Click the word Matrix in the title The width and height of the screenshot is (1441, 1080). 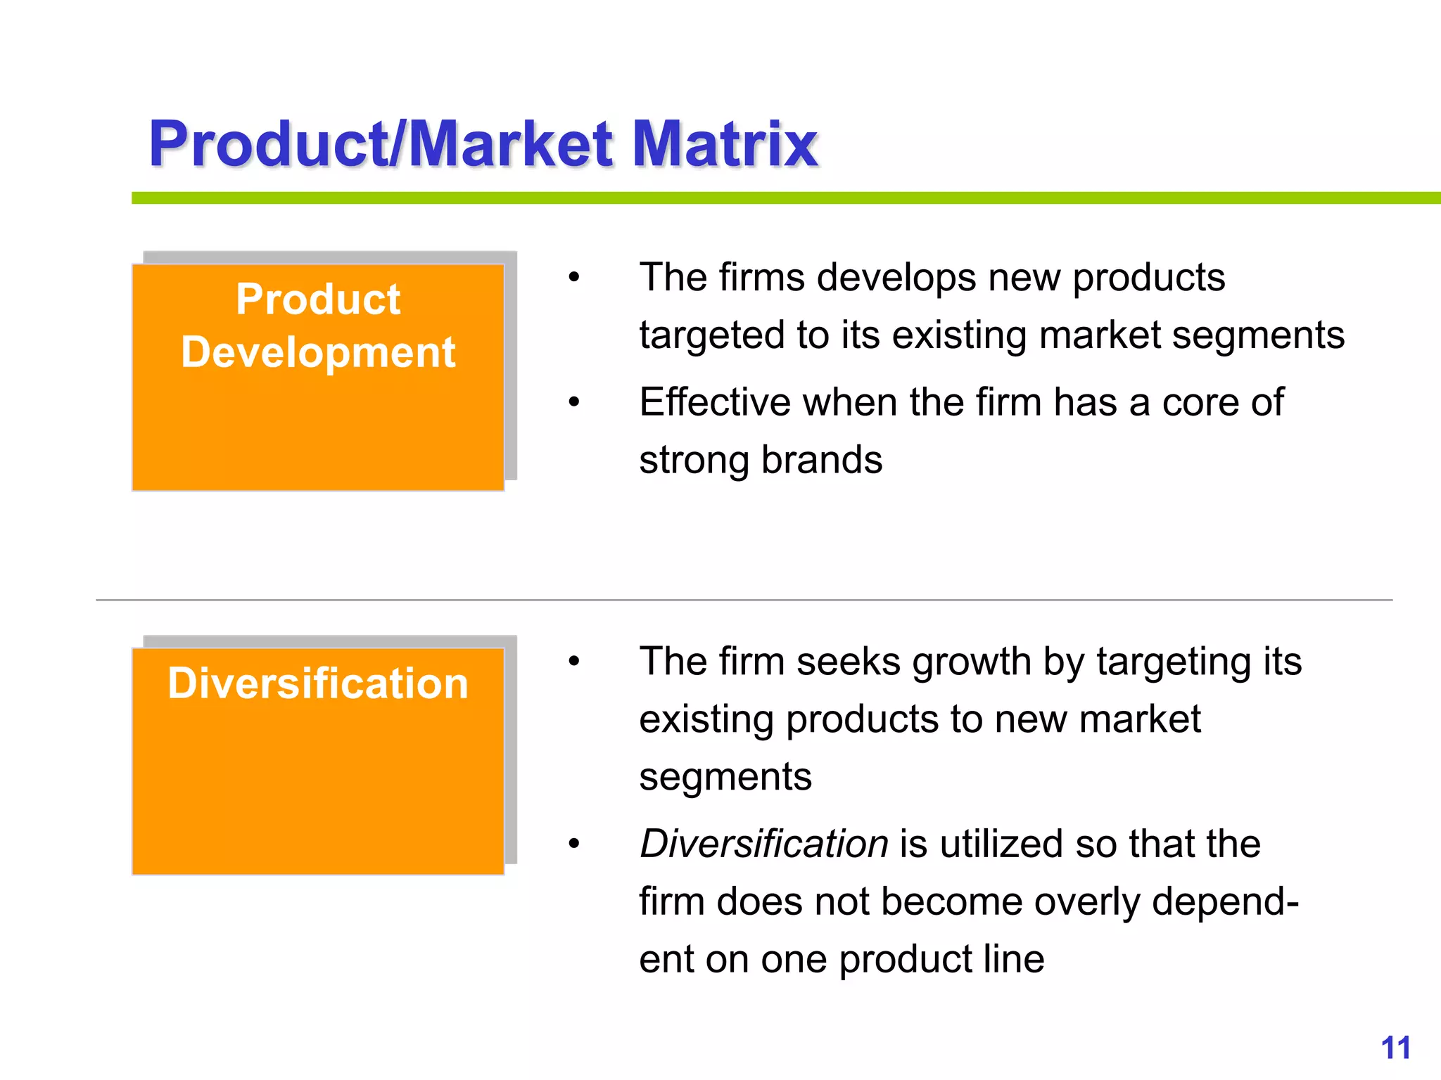pyautogui.click(x=725, y=144)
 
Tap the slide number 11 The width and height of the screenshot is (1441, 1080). pyautogui.click(x=1395, y=1048)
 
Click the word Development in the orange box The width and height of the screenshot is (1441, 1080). pyautogui.click(x=318, y=352)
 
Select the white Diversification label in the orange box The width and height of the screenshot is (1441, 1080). pyautogui.click(x=318, y=683)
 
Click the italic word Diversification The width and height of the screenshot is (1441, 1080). pyautogui.click(x=763, y=844)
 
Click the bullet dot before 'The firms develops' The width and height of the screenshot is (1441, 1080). pyautogui.click(x=574, y=277)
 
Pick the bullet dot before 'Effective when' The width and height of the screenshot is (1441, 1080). pyautogui.click(x=574, y=403)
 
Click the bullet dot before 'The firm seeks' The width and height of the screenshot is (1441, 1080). pyautogui.click(x=574, y=662)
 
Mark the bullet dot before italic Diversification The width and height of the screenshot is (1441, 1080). pyautogui.click(x=574, y=844)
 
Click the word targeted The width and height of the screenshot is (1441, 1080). pyautogui.click(x=711, y=335)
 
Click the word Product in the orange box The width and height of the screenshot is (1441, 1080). pyautogui.click(x=318, y=300)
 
